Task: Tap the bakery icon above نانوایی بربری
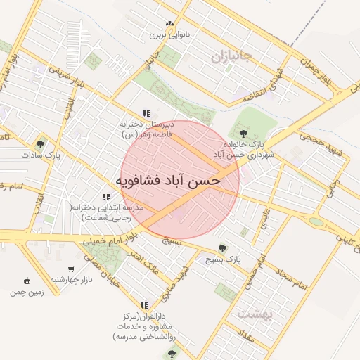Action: (x=169, y=24)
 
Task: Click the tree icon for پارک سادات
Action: (x=40, y=143)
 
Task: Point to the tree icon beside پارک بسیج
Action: (x=223, y=247)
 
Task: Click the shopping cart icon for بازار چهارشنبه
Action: (x=71, y=269)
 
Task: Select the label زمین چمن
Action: (x=27, y=291)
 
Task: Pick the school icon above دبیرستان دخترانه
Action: (x=146, y=113)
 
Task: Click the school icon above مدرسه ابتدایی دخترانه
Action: (x=106, y=198)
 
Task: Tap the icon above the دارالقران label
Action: (x=145, y=306)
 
